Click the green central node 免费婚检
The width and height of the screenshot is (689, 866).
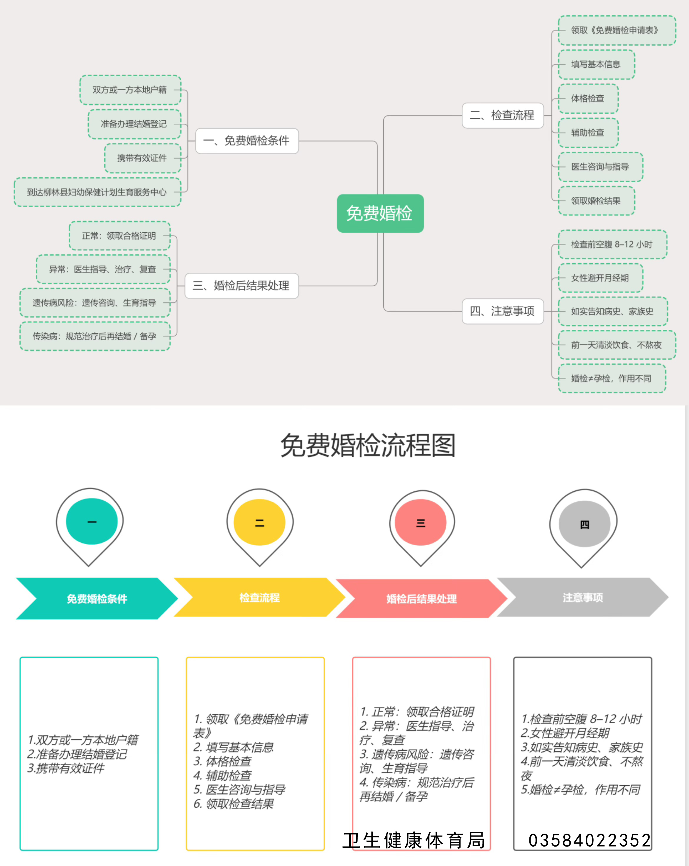click(x=380, y=213)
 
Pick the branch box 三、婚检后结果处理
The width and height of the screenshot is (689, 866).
click(x=241, y=286)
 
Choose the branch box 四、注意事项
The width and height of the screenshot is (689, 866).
click(x=503, y=311)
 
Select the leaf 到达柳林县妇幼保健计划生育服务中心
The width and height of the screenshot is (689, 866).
click(x=97, y=192)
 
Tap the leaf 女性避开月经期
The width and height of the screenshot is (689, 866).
click(x=600, y=278)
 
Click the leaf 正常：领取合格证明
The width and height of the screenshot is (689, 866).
click(x=119, y=236)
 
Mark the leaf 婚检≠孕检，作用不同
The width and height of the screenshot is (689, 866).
click(x=612, y=378)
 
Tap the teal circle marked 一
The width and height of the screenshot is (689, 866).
click(x=92, y=521)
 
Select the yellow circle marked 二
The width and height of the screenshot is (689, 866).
click(x=259, y=522)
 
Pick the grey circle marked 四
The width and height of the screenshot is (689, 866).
click(x=584, y=524)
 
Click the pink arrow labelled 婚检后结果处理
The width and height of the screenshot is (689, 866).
click(x=421, y=599)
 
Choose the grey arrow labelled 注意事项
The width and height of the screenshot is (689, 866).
click(x=582, y=597)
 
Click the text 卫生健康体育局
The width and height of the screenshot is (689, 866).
click(x=414, y=840)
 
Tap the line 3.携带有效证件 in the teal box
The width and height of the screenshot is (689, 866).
click(x=66, y=769)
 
